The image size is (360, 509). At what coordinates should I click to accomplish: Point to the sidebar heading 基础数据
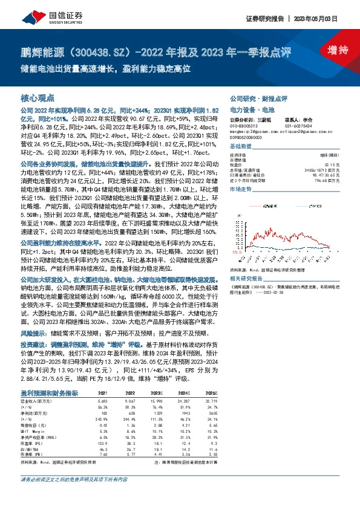[x=241, y=147]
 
